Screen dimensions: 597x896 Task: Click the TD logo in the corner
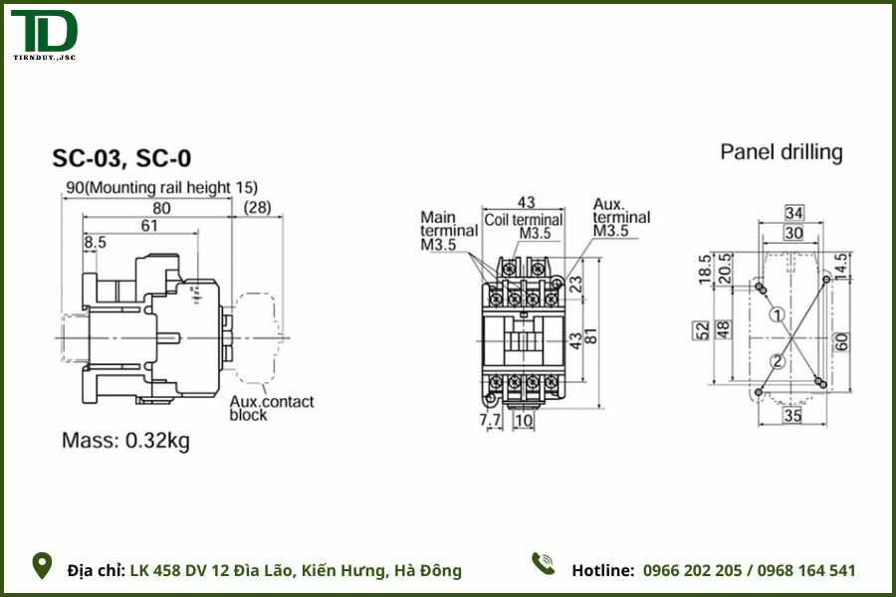tap(44, 36)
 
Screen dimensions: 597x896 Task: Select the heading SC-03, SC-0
tap(121, 158)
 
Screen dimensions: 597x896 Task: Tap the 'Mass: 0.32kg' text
tap(125, 441)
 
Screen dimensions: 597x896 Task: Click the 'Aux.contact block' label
tap(271, 408)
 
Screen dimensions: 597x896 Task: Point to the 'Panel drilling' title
tap(782, 152)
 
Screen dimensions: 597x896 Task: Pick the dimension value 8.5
tap(96, 243)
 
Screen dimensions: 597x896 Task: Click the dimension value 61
tap(149, 226)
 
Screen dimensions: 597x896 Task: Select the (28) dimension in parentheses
tap(258, 207)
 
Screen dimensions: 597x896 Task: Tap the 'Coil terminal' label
tap(524, 219)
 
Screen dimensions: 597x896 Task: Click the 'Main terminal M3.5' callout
tap(438, 230)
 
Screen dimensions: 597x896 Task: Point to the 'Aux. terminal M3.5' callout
tap(621, 217)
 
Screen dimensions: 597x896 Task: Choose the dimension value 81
tap(590, 335)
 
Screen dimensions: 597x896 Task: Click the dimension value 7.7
tap(491, 421)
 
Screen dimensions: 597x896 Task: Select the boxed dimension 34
tap(793, 213)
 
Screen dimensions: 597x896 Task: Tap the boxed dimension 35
tap(792, 415)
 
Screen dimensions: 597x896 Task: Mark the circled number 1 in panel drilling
tap(779, 315)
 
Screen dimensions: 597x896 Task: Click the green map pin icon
tap(43, 566)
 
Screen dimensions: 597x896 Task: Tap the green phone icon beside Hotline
tap(543, 564)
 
